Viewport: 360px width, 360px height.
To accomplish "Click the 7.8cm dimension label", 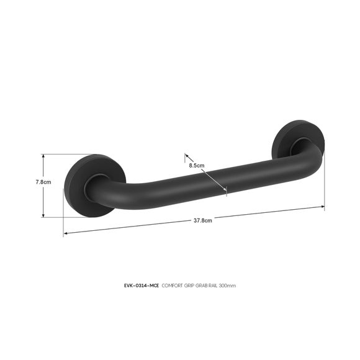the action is (x=43, y=182).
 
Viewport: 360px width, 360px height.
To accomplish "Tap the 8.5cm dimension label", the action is (x=197, y=165).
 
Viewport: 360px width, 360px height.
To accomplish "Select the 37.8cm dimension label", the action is (x=203, y=220).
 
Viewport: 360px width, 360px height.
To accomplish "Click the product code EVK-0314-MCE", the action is (x=141, y=286).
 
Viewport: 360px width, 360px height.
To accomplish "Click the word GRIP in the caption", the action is (x=189, y=286).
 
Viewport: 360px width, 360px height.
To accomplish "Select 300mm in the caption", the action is (x=227, y=286).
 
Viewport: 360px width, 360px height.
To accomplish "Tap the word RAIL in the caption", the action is (x=214, y=286).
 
